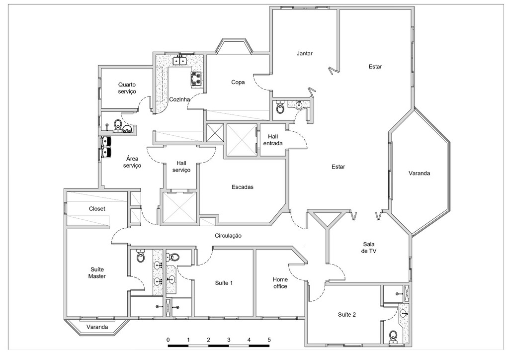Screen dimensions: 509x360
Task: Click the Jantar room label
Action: pyautogui.click(x=304, y=54)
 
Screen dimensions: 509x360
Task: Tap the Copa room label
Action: pyautogui.click(x=238, y=83)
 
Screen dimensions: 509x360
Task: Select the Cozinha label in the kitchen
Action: pyautogui.click(x=179, y=99)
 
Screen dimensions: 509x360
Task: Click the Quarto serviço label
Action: pyautogui.click(x=127, y=88)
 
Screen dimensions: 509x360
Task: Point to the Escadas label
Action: pyautogui.click(x=243, y=187)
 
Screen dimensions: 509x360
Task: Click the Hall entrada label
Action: pyautogui.click(x=273, y=140)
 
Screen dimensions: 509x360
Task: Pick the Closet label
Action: pyautogui.click(x=97, y=209)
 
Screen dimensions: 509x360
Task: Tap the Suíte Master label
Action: pyautogui.click(x=97, y=272)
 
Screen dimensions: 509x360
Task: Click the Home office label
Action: pyautogui.click(x=280, y=282)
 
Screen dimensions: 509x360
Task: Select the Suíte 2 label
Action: pyautogui.click(x=346, y=314)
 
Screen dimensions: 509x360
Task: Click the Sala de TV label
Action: pyautogui.click(x=368, y=247)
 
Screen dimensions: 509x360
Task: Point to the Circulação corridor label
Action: pyautogui.click(x=228, y=236)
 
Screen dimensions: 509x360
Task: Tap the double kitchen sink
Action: pyautogui.click(x=179, y=61)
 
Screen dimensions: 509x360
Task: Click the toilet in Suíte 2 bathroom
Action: pyautogui.click(x=394, y=336)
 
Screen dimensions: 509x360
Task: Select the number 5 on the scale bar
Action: pyautogui.click(x=269, y=340)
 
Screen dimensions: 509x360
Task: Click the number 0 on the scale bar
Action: pyautogui.click(x=169, y=340)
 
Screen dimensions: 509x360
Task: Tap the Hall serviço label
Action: pyautogui.click(x=181, y=167)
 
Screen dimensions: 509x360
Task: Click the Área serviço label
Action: pyautogui.click(x=132, y=162)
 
